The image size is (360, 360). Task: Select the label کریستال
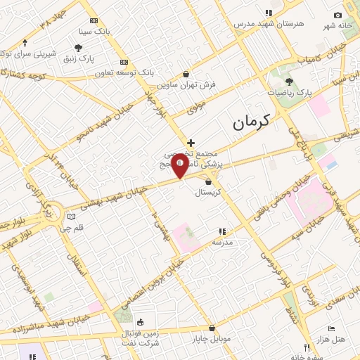(207, 192)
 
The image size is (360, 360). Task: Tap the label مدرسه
(222, 241)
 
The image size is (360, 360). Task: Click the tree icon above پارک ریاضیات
(289, 82)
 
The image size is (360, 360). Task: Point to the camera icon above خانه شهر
(337, 15)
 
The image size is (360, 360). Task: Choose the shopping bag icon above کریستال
(208, 181)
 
